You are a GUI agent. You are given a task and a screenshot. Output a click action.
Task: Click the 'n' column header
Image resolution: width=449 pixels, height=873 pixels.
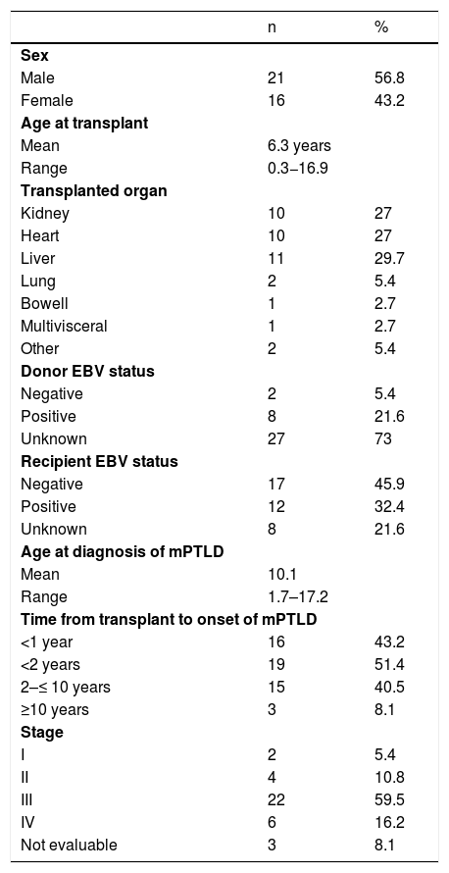pyautogui.click(x=271, y=28)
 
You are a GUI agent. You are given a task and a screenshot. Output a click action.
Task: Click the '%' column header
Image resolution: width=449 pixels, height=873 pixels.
pyautogui.click(x=381, y=27)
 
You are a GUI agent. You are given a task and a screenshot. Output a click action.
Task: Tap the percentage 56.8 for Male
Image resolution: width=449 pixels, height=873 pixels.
pyautogui.click(x=389, y=77)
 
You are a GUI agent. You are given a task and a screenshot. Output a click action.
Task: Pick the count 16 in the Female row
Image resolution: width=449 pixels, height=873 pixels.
pyautogui.click(x=275, y=101)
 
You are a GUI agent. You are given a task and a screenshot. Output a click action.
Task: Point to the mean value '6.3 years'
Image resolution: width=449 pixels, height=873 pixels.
pyautogui.click(x=299, y=146)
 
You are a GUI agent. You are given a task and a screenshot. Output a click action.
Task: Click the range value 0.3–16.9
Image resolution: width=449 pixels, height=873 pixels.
pyautogui.click(x=298, y=168)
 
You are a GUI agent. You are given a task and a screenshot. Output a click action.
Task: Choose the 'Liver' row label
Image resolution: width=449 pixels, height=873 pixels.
pyautogui.click(x=37, y=258)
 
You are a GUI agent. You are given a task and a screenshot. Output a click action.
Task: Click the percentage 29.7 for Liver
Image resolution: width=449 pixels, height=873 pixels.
pyautogui.click(x=389, y=258)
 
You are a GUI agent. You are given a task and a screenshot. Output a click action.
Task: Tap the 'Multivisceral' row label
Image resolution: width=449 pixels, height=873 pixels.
pyautogui.click(x=64, y=326)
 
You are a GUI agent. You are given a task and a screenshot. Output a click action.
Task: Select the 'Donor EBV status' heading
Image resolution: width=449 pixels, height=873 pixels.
pyautogui.click(x=87, y=371)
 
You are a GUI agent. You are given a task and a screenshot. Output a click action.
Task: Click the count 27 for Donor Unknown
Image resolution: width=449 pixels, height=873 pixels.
pyautogui.click(x=275, y=438)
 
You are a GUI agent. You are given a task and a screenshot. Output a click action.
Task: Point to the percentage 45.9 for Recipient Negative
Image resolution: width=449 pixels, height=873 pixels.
pyautogui.click(x=389, y=484)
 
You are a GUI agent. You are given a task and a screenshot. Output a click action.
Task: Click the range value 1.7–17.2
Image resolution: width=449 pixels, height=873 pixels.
pyautogui.click(x=298, y=596)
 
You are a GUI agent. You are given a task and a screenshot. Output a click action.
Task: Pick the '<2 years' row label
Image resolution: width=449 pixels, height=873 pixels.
pyautogui.click(x=50, y=664)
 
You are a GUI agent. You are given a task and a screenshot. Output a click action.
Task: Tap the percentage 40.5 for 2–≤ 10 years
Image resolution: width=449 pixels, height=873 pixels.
pyautogui.click(x=389, y=687)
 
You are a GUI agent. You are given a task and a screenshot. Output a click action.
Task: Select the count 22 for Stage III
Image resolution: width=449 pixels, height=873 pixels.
pyautogui.click(x=275, y=799)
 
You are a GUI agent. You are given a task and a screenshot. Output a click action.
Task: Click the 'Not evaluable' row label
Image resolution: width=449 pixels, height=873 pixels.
pyautogui.click(x=69, y=845)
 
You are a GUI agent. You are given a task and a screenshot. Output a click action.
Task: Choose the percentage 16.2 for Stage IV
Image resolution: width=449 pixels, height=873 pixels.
pyautogui.click(x=389, y=822)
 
